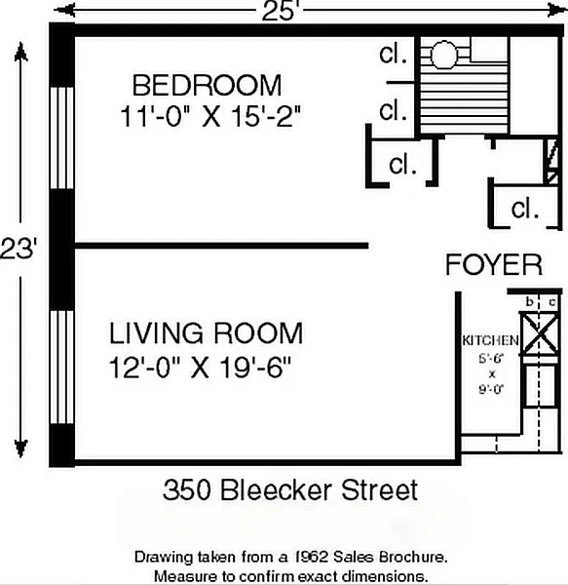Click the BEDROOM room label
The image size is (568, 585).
[x=207, y=86]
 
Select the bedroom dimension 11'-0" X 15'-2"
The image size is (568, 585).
[x=210, y=117]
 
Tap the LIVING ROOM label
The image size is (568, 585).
[x=206, y=333]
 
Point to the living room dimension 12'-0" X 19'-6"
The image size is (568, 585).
[x=200, y=368]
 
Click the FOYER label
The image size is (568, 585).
[x=494, y=264]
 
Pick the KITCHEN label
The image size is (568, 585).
[x=490, y=340]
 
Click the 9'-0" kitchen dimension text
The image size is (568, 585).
[x=491, y=389]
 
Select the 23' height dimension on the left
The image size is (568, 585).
[x=19, y=249]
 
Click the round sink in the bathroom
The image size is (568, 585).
[x=443, y=55]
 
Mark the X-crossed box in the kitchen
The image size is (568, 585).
[x=539, y=334]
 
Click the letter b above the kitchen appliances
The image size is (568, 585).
[x=529, y=301]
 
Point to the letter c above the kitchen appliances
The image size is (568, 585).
[x=552, y=302]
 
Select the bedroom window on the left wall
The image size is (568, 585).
[x=62, y=138]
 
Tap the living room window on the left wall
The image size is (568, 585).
[x=62, y=368]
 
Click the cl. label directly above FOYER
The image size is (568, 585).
[x=525, y=209]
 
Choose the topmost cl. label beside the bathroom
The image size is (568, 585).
[x=393, y=54]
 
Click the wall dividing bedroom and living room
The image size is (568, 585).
[x=222, y=246]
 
